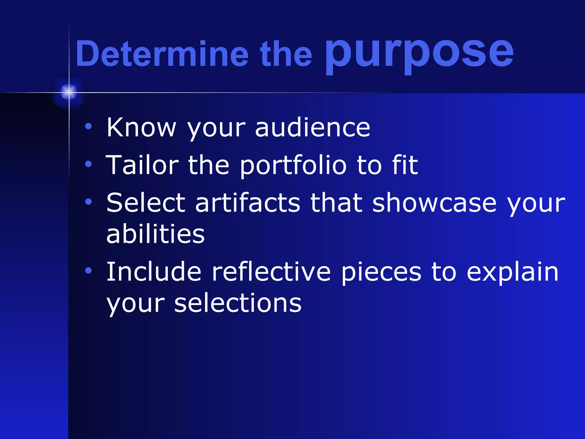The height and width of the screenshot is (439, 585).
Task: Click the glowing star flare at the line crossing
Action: tap(69, 92)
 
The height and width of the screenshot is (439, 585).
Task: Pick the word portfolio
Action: tap(293, 166)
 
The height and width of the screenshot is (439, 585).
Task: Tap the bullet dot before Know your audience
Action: tap(89, 126)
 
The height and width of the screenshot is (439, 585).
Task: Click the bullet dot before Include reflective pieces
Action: tap(89, 270)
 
